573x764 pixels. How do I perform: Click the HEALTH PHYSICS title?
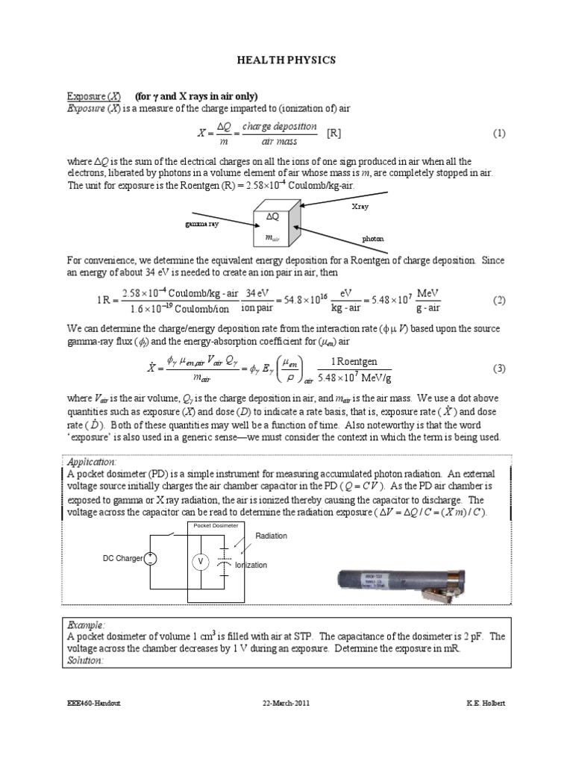pyautogui.click(x=286, y=60)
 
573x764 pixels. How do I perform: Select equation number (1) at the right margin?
pyautogui.click(x=499, y=134)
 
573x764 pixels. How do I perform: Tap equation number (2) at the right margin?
pyautogui.click(x=499, y=300)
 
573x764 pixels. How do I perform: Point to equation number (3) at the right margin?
pyautogui.click(x=499, y=369)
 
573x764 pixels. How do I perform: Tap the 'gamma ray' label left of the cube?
pyautogui.click(x=201, y=224)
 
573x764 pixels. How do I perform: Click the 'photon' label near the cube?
pyautogui.click(x=372, y=239)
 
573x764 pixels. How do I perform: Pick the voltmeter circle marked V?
pyautogui.click(x=200, y=561)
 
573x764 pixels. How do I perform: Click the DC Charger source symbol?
pyautogui.click(x=151, y=558)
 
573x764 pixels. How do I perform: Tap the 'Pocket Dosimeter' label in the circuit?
pyautogui.click(x=216, y=526)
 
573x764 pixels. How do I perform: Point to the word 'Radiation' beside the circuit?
pyautogui.click(x=271, y=536)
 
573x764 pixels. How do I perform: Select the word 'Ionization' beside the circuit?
pyautogui.click(x=251, y=566)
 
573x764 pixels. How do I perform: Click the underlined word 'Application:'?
pyautogui.click(x=93, y=463)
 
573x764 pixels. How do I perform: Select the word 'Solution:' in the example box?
pyautogui.click(x=88, y=660)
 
